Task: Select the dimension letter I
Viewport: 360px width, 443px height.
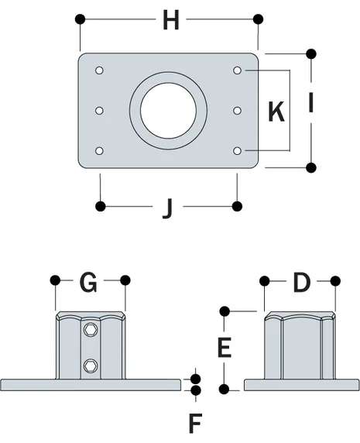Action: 310,104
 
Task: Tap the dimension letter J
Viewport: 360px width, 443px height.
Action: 167,207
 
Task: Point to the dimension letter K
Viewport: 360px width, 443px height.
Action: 276,112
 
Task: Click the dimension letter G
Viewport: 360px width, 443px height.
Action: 89,283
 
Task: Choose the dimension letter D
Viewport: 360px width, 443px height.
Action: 300,283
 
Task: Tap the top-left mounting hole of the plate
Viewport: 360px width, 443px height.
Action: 99,71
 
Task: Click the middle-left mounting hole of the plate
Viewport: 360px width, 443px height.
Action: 99,111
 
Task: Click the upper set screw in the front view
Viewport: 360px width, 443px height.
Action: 91,331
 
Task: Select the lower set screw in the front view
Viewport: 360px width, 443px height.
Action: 91,365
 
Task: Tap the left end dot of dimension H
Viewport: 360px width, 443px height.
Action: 79,19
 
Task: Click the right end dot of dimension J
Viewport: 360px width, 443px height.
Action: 238,205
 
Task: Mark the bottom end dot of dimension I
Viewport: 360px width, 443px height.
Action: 311,167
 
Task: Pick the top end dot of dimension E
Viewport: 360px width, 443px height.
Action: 225,311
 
